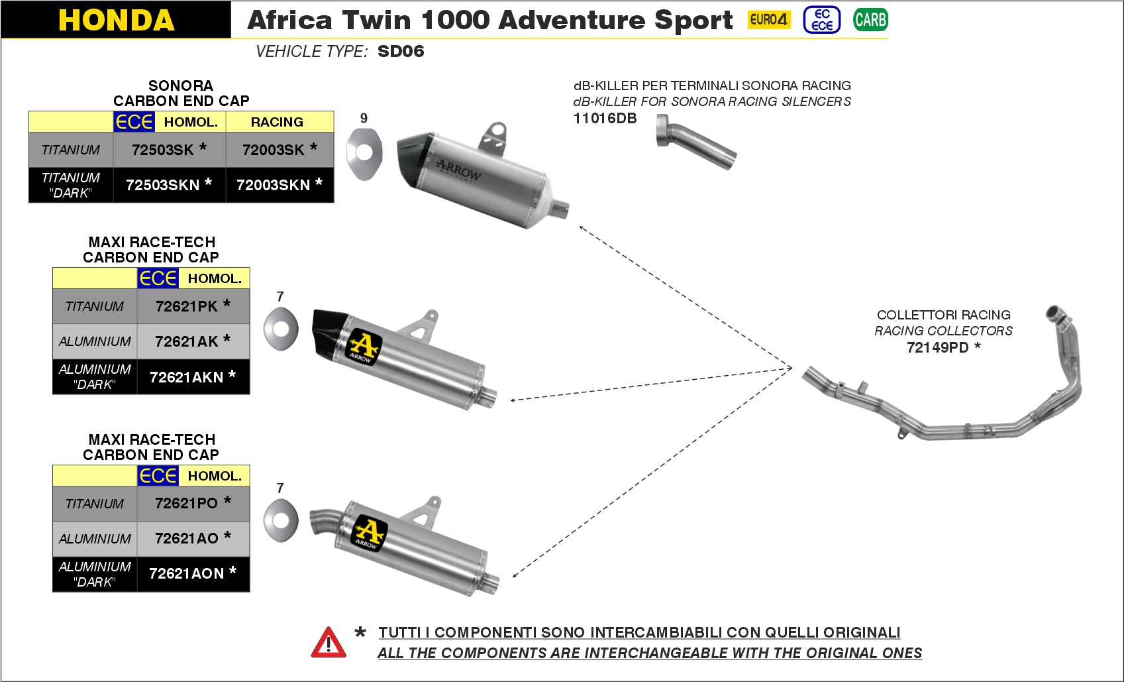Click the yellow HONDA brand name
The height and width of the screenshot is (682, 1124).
pyautogui.click(x=116, y=20)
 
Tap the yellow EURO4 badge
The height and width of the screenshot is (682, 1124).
pyautogui.click(x=769, y=20)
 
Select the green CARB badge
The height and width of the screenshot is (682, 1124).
pyautogui.click(x=870, y=20)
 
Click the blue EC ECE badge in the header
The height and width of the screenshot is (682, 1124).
pyautogui.click(x=822, y=20)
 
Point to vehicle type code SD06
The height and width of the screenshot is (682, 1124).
pyautogui.click(x=401, y=51)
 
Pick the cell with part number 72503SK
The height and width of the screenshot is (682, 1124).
pyautogui.click(x=170, y=150)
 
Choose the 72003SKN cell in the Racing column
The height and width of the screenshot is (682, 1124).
pyautogui.click(x=280, y=185)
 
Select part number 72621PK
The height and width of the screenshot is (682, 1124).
pyautogui.click(x=193, y=306)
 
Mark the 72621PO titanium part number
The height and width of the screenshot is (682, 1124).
pyautogui.click(x=193, y=502)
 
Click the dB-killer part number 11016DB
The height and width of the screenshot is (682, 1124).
pyautogui.click(x=605, y=119)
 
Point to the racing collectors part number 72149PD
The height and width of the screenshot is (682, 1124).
pyautogui.click(x=943, y=347)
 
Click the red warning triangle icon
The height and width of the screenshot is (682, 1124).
pyautogui.click(x=328, y=642)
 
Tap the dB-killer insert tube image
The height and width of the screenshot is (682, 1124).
pyautogui.click(x=695, y=141)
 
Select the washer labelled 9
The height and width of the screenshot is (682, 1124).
pyautogui.click(x=364, y=154)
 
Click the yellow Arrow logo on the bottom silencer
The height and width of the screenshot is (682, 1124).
pyautogui.click(x=370, y=533)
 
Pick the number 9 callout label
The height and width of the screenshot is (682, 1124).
pyautogui.click(x=364, y=118)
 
